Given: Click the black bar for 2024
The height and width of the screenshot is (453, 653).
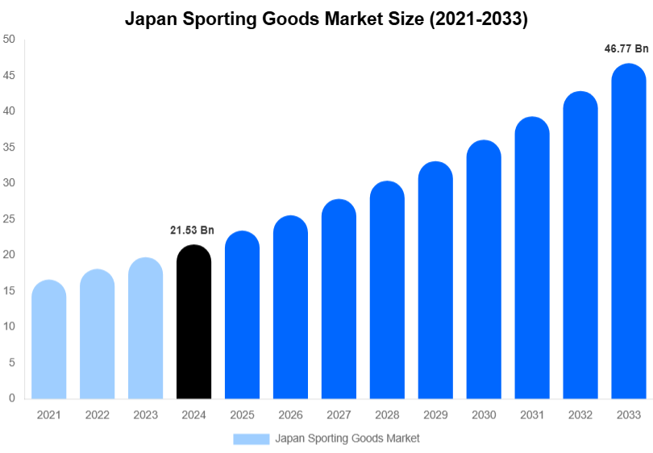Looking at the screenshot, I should coord(193,322).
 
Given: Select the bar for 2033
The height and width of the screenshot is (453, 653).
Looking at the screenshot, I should coord(629,234).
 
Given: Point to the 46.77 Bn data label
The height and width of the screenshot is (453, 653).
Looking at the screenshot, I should coord(626,49).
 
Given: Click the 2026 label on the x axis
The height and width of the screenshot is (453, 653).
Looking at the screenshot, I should coord(290,415).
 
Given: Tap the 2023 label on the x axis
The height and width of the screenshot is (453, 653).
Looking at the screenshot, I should coord(145,415).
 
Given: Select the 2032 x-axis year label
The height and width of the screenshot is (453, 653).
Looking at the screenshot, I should coord(580,415).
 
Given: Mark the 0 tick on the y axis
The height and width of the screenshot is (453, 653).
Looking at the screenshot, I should coord(12,398).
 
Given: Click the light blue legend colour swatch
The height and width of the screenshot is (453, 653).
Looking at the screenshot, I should coord(251,438).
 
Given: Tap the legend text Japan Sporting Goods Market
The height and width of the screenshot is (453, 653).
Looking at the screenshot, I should coord(347,438).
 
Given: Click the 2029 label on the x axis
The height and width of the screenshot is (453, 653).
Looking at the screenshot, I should coord(435,415).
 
